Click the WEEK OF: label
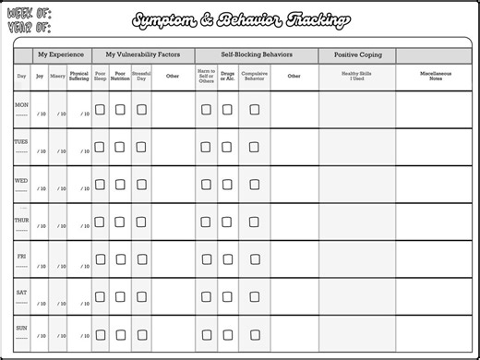click(30, 14)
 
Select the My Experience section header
click(61, 55)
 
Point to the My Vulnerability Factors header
click(142, 55)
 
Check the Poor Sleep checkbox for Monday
click(100, 109)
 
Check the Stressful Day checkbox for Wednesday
click(141, 184)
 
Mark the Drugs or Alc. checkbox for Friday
click(227, 259)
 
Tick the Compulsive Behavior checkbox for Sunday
click(254, 335)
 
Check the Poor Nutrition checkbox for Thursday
click(120, 222)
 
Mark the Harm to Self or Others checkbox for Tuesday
click(206, 146)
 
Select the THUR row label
click(21, 219)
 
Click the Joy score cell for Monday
click(40, 114)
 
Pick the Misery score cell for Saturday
click(60, 302)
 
